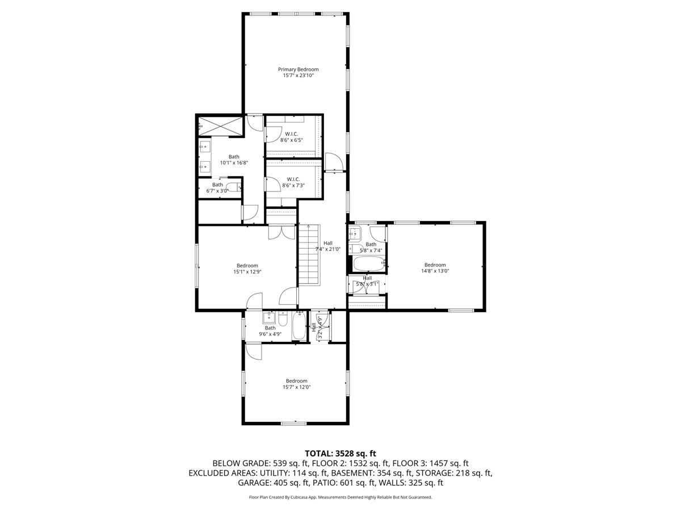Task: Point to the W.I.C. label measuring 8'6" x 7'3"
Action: [293, 179]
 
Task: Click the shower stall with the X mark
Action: [220, 126]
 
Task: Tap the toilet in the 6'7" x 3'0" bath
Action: [232, 187]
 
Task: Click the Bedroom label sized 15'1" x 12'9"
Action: [247, 265]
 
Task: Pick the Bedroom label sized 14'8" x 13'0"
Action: [435, 265]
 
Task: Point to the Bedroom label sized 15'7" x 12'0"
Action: [296, 381]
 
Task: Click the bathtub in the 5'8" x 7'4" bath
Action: [368, 264]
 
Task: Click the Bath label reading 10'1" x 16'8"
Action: [234, 157]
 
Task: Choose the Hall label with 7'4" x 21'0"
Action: [328, 243]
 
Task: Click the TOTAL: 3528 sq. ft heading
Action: [340, 453]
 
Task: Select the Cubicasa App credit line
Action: [340, 497]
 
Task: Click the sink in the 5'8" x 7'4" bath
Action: [356, 232]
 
